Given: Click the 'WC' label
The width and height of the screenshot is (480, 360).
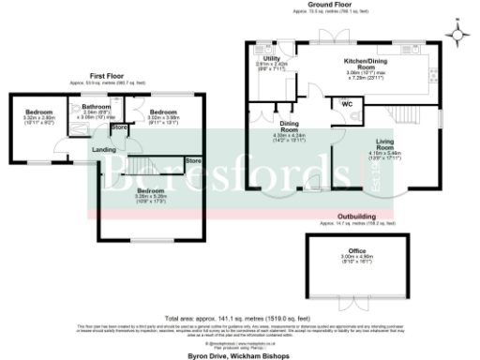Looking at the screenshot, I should (x=347, y=104).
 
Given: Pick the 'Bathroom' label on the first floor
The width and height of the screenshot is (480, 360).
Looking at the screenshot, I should (x=97, y=107).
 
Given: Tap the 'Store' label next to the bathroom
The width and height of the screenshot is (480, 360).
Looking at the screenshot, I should (x=119, y=127).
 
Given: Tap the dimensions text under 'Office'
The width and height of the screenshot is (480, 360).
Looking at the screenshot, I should (x=358, y=259).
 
